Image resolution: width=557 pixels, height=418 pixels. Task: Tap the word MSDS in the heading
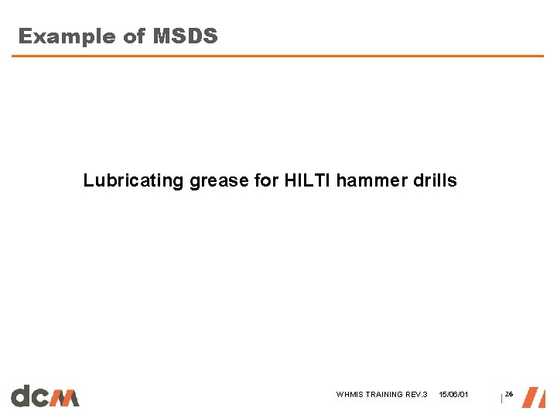pos(185,36)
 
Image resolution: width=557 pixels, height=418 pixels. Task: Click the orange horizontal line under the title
pos(278,56)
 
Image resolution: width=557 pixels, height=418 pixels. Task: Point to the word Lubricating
pos(133,181)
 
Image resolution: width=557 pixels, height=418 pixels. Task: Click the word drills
pos(436,181)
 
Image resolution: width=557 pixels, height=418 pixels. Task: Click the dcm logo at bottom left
pos(45,396)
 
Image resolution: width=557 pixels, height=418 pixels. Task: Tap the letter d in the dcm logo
pos(21,396)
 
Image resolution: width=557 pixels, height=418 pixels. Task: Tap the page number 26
pos(509,395)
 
